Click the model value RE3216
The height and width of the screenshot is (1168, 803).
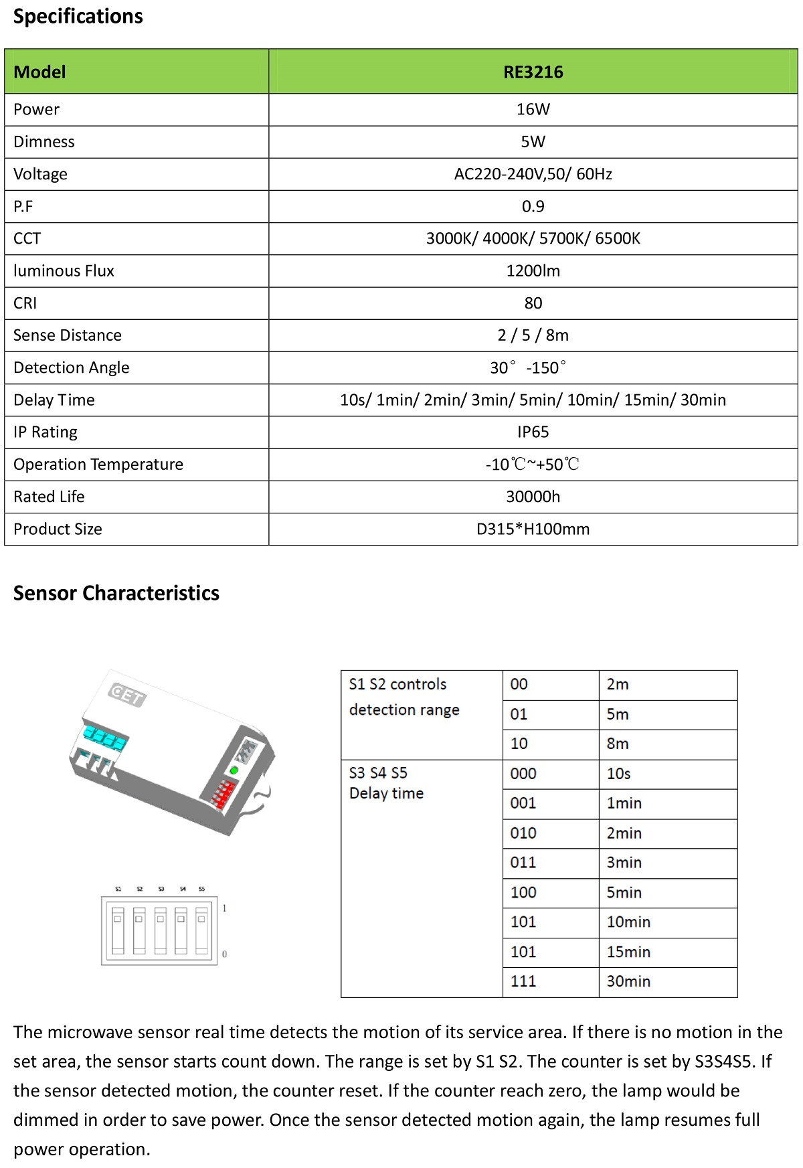pos(533,72)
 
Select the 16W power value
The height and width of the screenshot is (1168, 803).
pos(533,109)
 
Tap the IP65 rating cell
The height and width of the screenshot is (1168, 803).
pos(533,432)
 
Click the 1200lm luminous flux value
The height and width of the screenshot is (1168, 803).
pos(533,270)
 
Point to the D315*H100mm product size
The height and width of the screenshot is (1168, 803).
pos(533,529)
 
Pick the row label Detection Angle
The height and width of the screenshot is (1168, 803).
pos(71,367)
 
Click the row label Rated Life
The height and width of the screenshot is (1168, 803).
pos(49,497)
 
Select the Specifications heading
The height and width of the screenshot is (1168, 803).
pos(78,16)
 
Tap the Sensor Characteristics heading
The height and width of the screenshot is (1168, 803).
pos(116,593)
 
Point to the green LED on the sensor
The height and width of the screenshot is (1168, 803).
pos(234,771)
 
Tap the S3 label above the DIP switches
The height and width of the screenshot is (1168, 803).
pos(161,889)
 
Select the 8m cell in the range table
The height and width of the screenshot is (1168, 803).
pos(618,744)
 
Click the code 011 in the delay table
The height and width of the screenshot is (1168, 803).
pos(523,862)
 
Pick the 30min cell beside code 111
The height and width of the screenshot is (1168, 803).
pos(628,981)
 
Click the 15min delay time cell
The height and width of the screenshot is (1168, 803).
pos(628,952)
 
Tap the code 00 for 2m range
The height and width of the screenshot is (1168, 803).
pos(519,684)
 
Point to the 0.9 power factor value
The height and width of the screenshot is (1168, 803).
pos(533,206)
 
